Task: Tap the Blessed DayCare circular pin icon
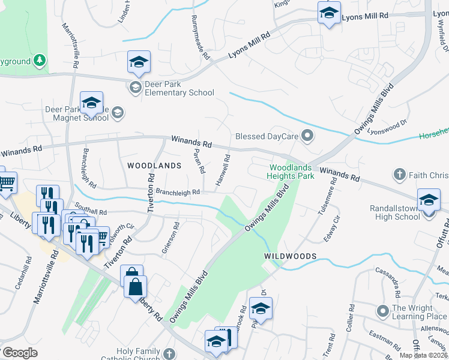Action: pyautogui.click(x=308, y=136)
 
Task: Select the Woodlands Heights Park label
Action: pyautogui.click(x=292, y=172)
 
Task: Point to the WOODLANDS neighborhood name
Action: pyautogui.click(x=154, y=165)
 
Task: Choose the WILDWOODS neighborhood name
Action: pyautogui.click(x=290, y=256)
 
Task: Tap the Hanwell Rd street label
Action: pyautogui.click(x=223, y=169)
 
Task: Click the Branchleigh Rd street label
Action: pyautogui.click(x=177, y=192)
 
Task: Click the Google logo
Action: pyautogui.click(x=20, y=353)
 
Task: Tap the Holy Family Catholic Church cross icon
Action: pyautogui.click(x=170, y=354)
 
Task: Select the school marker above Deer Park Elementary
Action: pyautogui.click(x=139, y=62)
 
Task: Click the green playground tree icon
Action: pyautogui.click(x=40, y=60)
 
